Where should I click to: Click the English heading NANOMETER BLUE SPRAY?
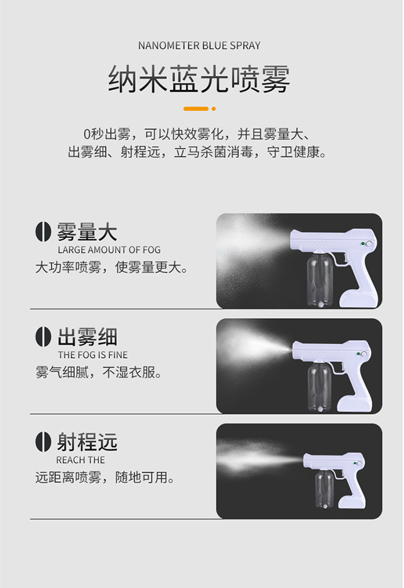199,45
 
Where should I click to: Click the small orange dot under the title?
214,109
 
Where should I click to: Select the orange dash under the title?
195,109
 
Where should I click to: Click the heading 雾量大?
87,232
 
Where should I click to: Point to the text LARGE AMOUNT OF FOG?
109,250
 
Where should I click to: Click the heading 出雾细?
87,337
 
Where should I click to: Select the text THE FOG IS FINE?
93,355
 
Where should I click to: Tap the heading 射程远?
87,442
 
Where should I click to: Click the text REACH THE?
80,460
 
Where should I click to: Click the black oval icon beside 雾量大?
43,232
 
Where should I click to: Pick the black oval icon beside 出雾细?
43,337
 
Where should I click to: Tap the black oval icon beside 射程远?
43,442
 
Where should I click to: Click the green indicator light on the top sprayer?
363,244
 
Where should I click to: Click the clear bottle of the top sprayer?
319,279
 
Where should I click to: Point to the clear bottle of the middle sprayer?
319,387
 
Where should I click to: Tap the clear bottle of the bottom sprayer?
324,489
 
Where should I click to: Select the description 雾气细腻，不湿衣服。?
99,373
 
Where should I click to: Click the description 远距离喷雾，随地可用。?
105,477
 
